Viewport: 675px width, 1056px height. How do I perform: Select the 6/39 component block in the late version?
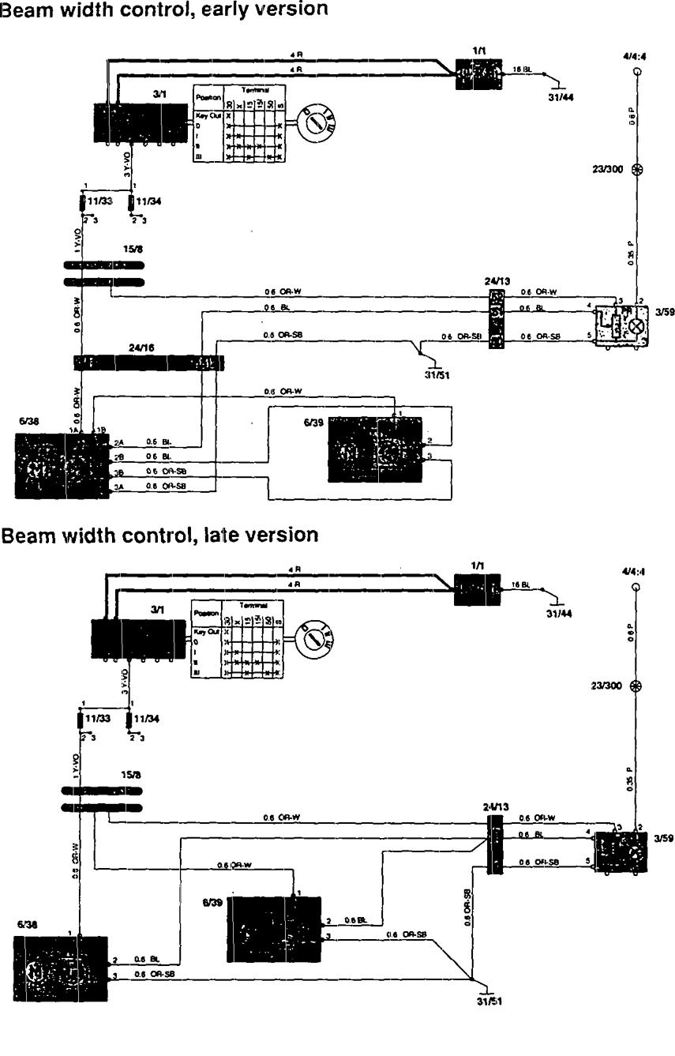tap(274, 929)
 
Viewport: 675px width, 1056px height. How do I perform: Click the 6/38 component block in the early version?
tap(61, 464)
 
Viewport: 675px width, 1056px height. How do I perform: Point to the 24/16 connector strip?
tap(149, 363)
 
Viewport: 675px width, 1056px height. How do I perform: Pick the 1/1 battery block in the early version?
tap(479, 74)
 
